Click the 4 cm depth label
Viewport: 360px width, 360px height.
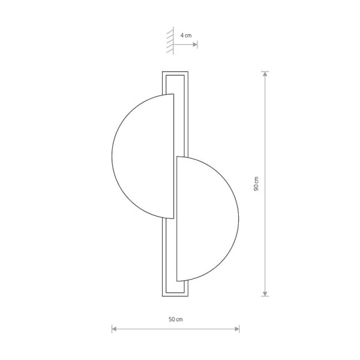click(x=186, y=35)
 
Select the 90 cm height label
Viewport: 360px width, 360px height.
click(x=256, y=184)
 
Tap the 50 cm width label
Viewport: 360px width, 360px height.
click(x=176, y=319)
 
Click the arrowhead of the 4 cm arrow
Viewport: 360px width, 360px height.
click(x=195, y=44)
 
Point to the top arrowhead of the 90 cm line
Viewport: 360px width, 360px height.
click(x=265, y=74)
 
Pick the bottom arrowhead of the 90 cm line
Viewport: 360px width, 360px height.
click(x=265, y=293)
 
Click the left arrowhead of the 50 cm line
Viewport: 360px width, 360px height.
click(x=114, y=329)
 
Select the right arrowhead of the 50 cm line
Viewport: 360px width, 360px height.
click(x=237, y=329)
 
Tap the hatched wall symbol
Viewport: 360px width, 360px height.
click(x=170, y=41)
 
